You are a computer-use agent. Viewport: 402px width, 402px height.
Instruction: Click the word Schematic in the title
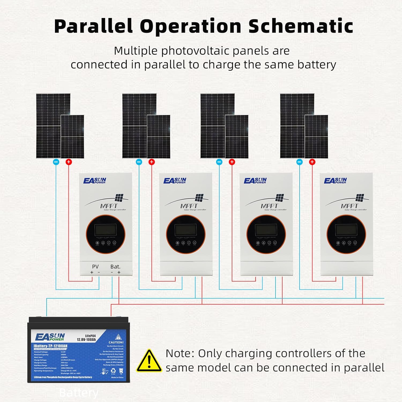click(300, 26)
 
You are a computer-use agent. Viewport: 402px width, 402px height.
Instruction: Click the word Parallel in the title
click(94, 26)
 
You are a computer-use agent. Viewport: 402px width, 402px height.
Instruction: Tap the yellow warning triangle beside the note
click(149, 361)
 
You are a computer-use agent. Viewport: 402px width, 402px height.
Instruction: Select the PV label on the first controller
click(95, 267)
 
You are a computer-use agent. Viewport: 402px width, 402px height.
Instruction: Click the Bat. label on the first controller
click(115, 267)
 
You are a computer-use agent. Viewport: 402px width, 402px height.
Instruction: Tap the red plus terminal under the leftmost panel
click(69, 162)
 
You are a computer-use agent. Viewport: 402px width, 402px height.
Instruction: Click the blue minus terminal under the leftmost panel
click(56, 162)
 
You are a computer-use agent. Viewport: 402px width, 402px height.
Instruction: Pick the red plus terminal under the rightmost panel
click(312, 162)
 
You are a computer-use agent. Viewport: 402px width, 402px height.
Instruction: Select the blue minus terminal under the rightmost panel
click(299, 162)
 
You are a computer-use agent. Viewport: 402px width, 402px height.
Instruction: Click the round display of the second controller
click(186, 234)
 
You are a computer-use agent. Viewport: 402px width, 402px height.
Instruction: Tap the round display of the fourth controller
click(346, 234)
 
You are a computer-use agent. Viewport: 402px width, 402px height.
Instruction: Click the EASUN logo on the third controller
click(255, 181)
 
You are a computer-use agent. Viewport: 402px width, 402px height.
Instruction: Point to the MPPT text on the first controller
click(109, 206)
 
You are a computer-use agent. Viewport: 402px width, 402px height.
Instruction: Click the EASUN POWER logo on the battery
click(50, 337)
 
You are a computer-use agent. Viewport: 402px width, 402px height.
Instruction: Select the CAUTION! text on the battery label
click(116, 342)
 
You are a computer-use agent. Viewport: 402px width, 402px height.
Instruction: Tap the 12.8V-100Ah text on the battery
click(86, 340)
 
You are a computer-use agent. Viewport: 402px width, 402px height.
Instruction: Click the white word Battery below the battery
click(79, 393)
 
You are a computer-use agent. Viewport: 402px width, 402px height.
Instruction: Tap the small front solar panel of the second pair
click(159, 137)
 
